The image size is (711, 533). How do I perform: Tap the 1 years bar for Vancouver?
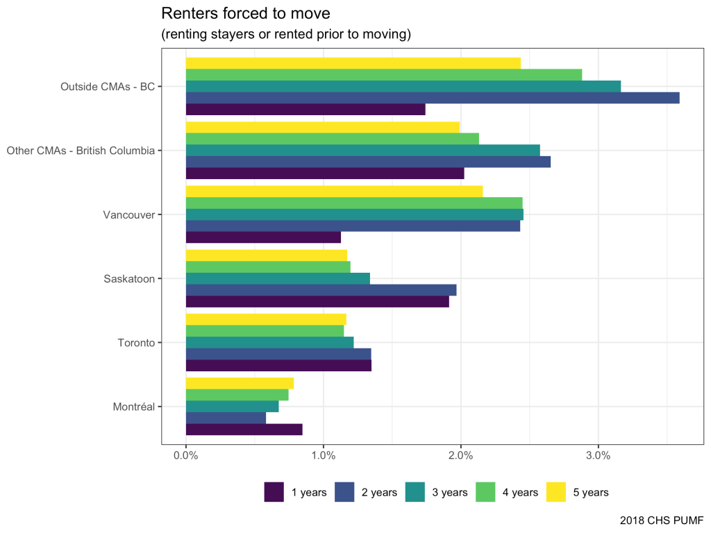263,237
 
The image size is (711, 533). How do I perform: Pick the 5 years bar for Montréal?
240,383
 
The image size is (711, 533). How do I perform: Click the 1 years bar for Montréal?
244,430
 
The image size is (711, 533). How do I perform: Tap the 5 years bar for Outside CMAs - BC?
353,63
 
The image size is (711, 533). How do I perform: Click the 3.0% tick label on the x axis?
598,456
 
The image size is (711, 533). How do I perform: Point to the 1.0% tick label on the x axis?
323,456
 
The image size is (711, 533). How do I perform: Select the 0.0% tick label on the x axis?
185,456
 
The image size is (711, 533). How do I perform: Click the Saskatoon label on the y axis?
128,279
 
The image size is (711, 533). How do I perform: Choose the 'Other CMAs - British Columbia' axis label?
80,151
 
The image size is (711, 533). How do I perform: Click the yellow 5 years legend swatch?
557,492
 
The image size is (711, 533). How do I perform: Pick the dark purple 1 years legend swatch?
274,492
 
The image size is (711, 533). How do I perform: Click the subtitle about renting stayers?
286,35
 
